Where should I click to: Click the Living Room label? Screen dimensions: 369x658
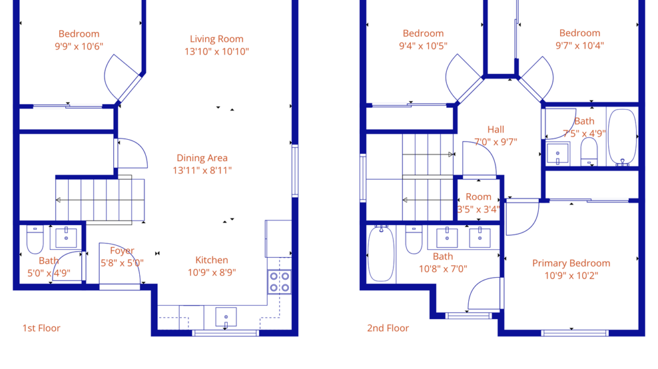point(216,39)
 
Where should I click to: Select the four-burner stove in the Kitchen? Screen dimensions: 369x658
point(279,281)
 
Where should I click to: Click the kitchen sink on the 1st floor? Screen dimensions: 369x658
point(226,317)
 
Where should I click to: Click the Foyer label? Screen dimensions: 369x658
point(122,251)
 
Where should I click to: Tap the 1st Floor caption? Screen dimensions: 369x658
point(41,328)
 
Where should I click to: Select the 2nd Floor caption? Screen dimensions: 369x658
point(388,328)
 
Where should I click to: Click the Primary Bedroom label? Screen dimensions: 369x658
point(571,263)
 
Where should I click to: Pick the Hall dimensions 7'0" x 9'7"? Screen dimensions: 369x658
point(496,142)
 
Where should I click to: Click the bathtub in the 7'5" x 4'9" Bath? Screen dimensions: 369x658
point(622,136)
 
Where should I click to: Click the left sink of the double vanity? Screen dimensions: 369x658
point(446,238)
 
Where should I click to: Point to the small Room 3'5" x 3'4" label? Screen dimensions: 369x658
point(478,197)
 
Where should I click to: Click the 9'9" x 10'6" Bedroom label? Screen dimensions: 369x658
point(79,34)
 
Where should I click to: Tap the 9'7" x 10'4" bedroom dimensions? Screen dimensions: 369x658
point(580,46)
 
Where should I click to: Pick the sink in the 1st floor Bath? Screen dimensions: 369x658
point(66,237)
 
